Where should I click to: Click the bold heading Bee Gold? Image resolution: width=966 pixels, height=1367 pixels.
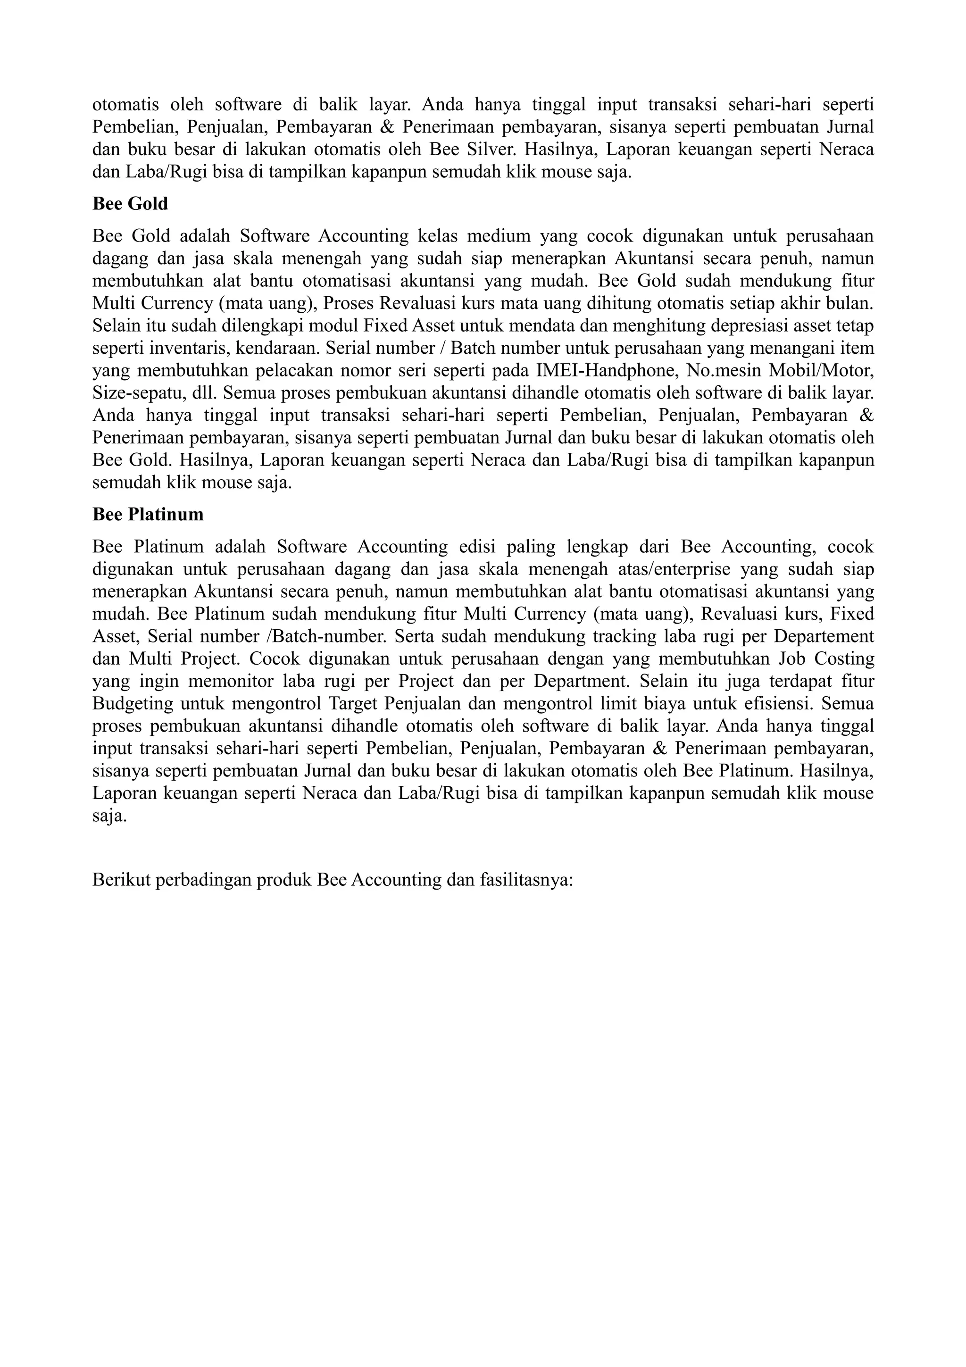[130, 204]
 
